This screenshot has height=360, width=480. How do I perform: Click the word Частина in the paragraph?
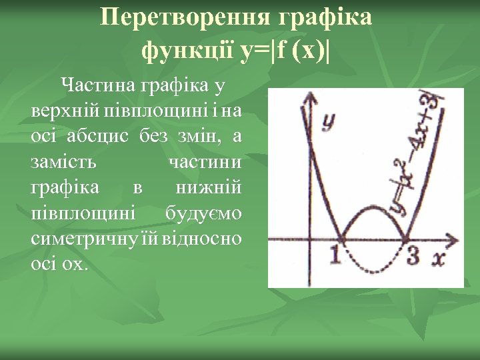coord(99,85)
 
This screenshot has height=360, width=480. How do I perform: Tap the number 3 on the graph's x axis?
coord(413,254)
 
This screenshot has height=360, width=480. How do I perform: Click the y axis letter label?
coord(328,121)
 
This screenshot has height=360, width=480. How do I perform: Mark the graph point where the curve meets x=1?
coord(342,239)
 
